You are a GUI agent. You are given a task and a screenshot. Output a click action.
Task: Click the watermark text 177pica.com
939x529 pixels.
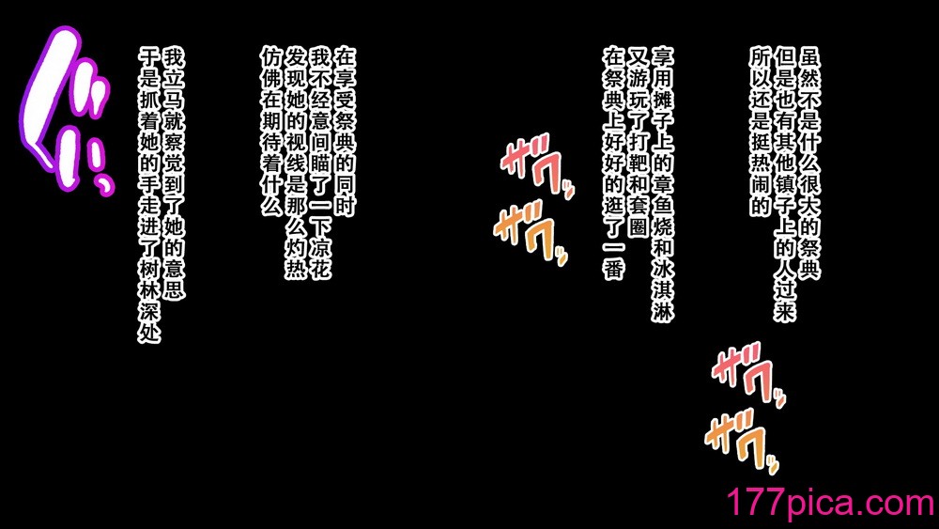click(831, 502)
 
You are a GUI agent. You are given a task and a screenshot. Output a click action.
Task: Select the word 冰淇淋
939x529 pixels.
click(663, 285)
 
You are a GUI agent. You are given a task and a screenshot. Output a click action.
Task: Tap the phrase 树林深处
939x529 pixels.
click(149, 299)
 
